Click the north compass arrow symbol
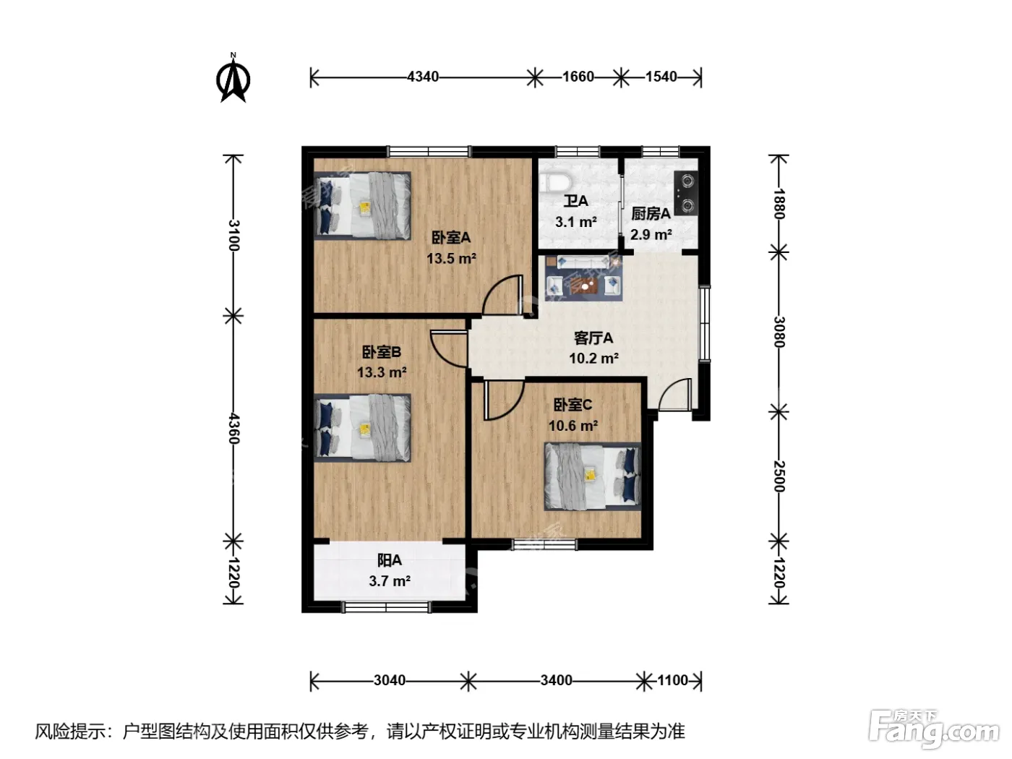pos(233,78)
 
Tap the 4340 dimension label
pos(422,77)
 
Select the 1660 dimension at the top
pos(578,77)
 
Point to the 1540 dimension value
pos(661,77)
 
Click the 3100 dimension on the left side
pos(234,235)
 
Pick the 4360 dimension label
pos(234,428)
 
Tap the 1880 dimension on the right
pos(779,203)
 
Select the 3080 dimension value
pos(779,331)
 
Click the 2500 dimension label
pos(779,476)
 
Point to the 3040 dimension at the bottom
pos(390,680)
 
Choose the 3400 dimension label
pos(556,680)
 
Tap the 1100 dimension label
pos(673,680)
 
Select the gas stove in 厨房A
pos(685,192)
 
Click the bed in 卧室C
pos(593,476)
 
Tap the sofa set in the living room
pos(583,278)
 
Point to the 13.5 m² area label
pos(451,259)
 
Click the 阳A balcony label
pos(390,560)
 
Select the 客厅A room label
pos(593,338)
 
